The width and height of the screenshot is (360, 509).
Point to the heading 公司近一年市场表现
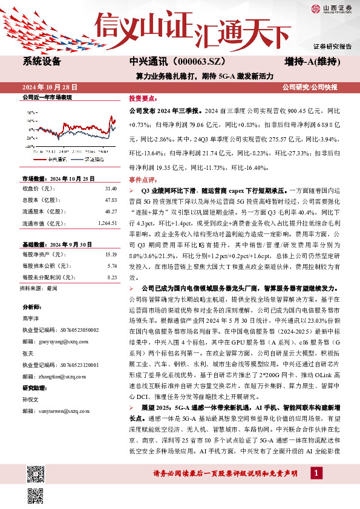[47, 97]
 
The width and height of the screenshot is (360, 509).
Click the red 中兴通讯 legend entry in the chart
[57, 159]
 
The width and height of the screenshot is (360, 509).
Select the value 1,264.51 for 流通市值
[106, 224]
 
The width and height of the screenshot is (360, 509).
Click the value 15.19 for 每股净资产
[111, 254]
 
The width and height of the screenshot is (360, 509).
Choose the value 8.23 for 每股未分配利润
[111, 277]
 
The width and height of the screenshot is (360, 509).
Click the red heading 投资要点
[142, 97]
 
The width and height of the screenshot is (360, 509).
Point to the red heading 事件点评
[142, 180]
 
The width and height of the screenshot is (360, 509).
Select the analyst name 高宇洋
[31, 319]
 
